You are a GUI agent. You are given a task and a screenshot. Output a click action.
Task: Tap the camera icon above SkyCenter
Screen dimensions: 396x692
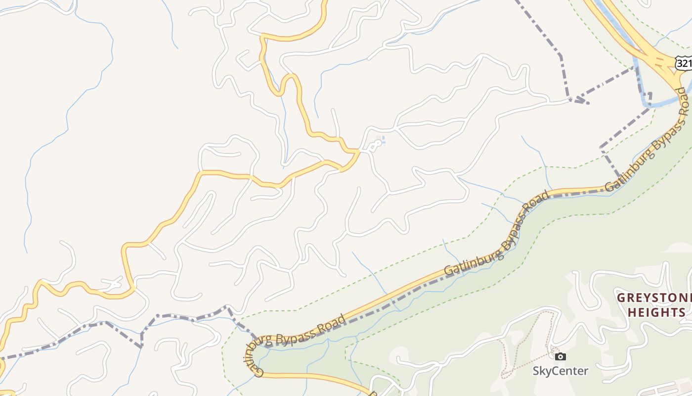(x=560, y=356)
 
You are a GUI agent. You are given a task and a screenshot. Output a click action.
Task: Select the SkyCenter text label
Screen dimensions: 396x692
(x=560, y=371)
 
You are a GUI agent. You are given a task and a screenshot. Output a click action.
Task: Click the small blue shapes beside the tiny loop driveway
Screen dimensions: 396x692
(x=382, y=141)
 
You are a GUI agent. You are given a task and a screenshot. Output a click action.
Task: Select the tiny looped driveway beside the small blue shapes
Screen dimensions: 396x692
(x=375, y=145)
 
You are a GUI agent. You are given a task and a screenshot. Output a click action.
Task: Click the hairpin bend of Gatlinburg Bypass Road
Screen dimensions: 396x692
(x=245, y=354)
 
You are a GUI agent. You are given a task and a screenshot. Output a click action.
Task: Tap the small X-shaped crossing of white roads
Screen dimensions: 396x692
(x=114, y=285)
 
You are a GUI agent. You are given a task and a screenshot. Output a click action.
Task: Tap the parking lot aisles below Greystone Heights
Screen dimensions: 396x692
(x=672, y=389)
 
